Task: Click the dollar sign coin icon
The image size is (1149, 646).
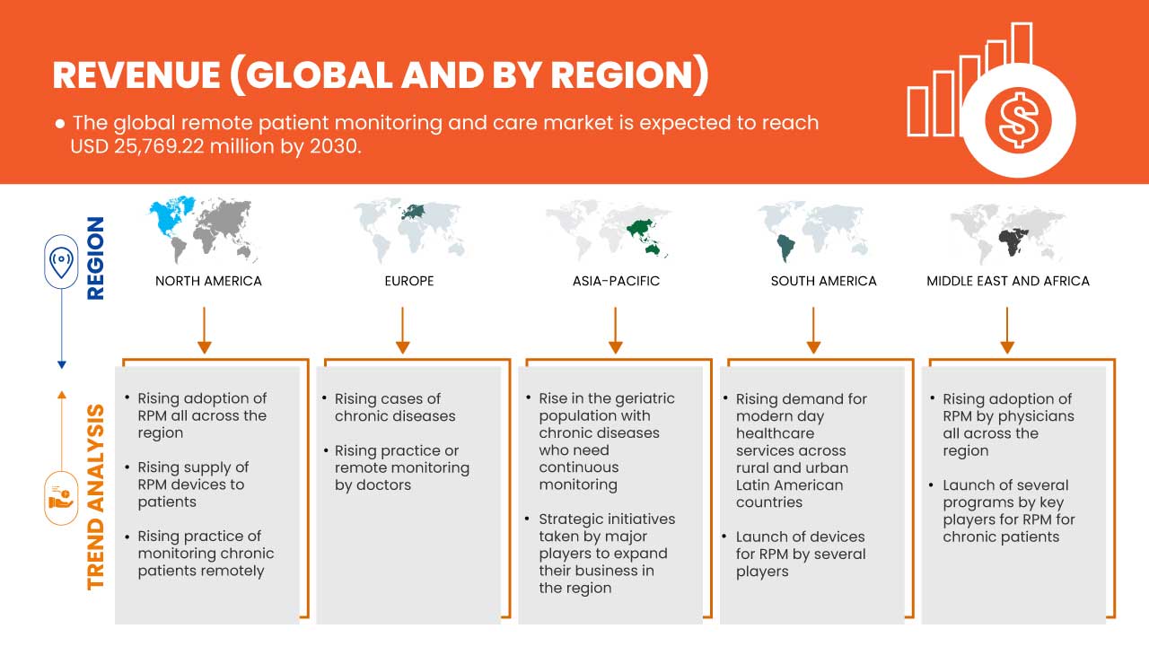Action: (x=1017, y=120)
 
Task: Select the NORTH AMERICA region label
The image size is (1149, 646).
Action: (x=208, y=281)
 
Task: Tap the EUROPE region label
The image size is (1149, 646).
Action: (x=408, y=281)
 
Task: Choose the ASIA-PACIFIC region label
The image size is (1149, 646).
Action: (x=616, y=281)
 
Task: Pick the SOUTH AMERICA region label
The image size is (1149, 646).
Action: (x=823, y=281)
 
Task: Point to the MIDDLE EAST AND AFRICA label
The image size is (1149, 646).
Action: (x=1008, y=281)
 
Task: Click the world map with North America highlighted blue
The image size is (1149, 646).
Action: (x=205, y=230)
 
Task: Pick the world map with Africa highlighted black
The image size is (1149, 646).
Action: (x=1008, y=231)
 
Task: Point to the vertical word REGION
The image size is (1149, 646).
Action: (x=94, y=258)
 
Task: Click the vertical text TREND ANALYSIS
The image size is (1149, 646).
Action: (x=95, y=496)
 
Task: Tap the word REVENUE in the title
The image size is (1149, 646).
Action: (x=135, y=75)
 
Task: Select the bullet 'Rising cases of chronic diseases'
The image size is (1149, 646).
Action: (x=395, y=407)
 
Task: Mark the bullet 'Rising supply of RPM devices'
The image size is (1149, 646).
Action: (x=193, y=484)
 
